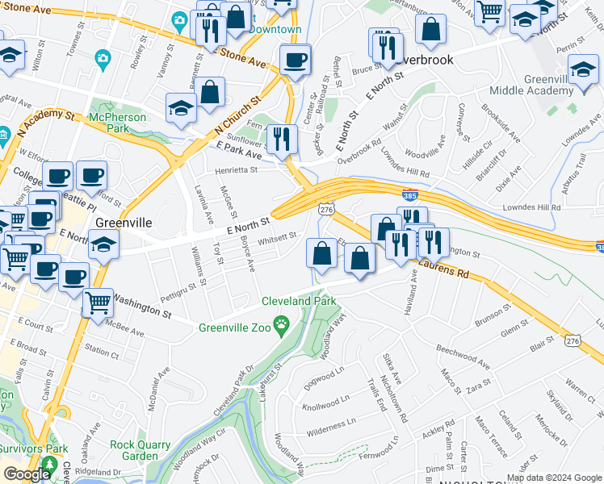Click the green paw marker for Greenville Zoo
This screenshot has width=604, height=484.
click(282, 326)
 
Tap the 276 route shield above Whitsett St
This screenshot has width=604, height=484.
click(325, 209)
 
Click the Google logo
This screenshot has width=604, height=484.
click(27, 474)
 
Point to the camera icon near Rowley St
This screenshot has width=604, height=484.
click(102, 58)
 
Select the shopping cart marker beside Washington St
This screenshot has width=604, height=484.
click(98, 302)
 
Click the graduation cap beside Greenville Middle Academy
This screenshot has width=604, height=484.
click(583, 69)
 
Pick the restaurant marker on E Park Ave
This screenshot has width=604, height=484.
click(281, 138)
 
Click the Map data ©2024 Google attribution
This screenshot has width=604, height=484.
click(554, 478)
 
